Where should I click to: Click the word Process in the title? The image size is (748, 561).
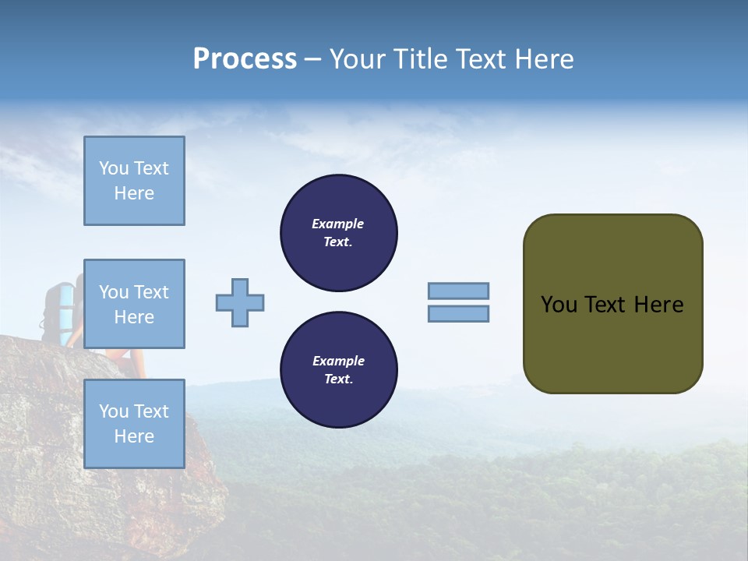245,59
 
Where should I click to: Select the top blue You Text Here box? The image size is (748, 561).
134,181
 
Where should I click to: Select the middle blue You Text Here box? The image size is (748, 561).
134,304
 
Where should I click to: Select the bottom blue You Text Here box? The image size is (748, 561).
134,424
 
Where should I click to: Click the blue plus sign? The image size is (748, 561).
240,302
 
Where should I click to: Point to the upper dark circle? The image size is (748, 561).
339,233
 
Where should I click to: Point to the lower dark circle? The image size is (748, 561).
339,370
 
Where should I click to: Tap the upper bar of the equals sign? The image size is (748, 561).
458,291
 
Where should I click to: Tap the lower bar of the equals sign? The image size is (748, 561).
458,313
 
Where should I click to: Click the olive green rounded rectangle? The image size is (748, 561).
612,343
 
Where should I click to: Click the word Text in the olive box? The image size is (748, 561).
605,305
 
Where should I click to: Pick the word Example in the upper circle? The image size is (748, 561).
338,224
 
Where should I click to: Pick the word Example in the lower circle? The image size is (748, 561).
338,361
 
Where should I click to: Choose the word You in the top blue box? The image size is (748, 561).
113,168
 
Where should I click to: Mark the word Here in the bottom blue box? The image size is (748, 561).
134,436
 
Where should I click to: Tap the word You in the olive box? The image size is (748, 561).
559,305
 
